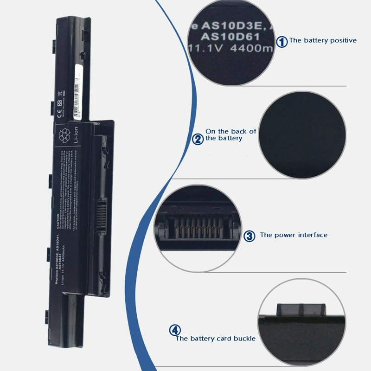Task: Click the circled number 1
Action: tap(282, 42)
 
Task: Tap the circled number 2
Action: tap(198, 139)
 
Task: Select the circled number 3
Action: tap(250, 236)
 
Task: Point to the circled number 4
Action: tap(175, 331)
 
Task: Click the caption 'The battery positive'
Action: tap(323, 40)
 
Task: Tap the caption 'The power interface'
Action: tap(294, 235)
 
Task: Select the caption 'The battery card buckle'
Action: tap(216, 339)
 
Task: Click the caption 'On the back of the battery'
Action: tap(230, 134)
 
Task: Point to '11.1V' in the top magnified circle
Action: tap(205, 48)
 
